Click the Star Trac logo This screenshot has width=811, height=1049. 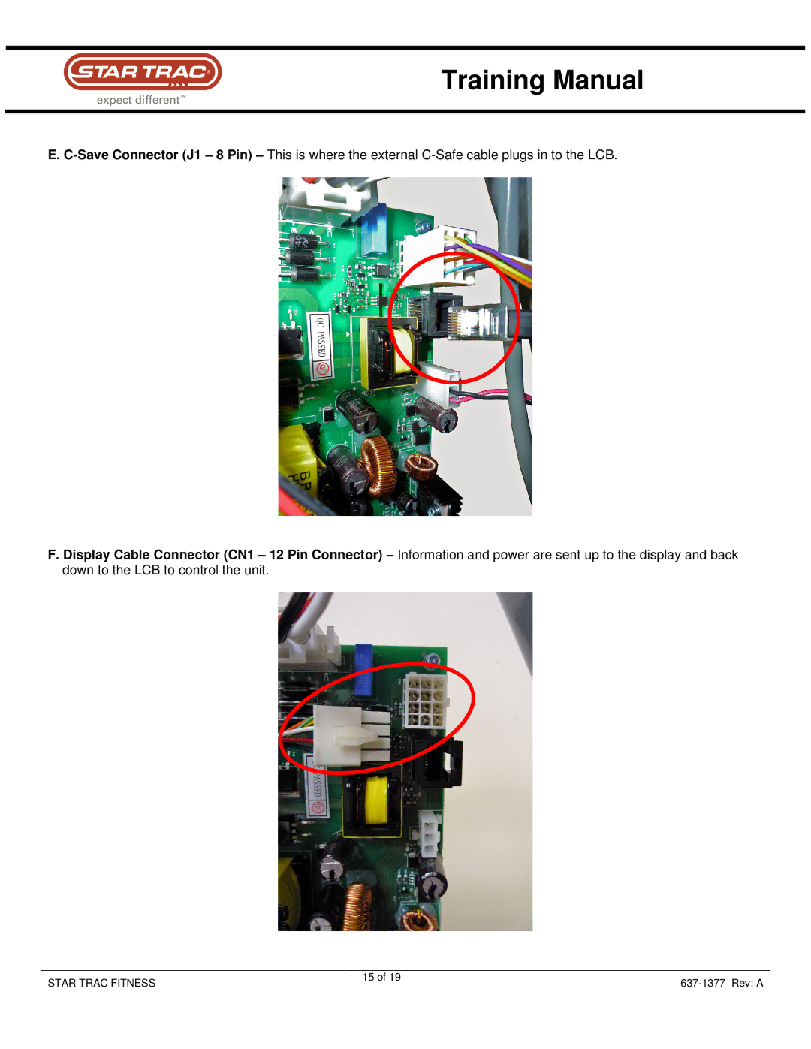143,72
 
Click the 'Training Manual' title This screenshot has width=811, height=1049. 542,80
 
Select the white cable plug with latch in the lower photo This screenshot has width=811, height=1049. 351,736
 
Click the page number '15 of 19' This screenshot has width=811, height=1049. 381,978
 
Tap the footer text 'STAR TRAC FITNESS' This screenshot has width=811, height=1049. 101,984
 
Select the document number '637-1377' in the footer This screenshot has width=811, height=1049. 702,984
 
